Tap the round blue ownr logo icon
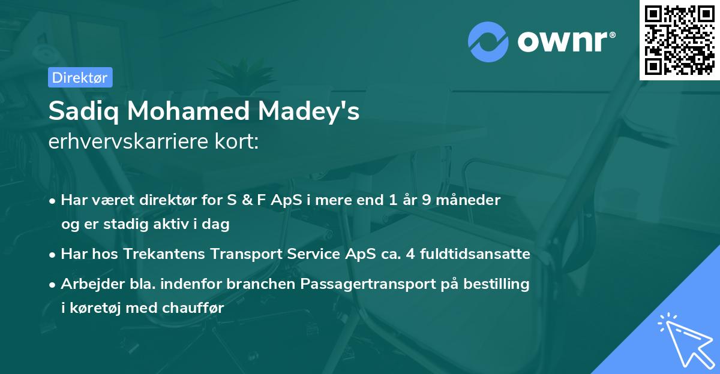pos(488,41)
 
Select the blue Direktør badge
pos(80,77)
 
